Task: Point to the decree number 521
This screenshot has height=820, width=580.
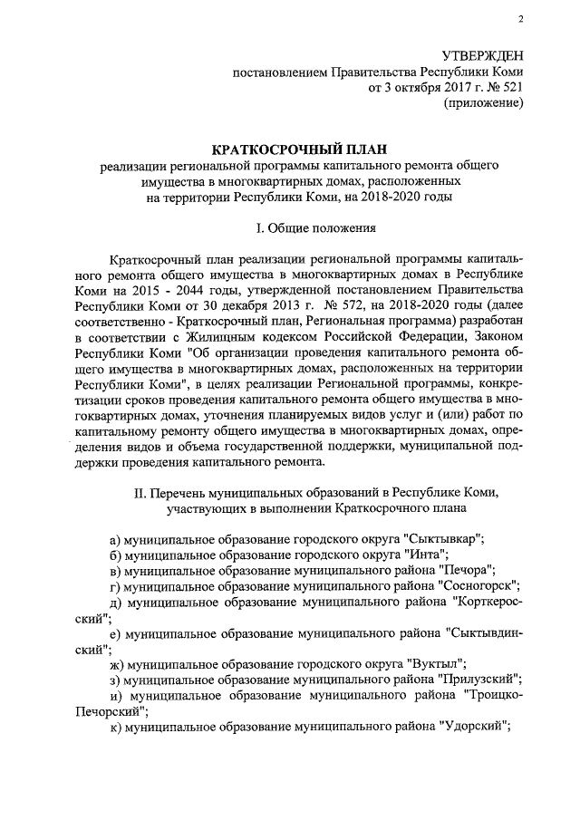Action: [511, 88]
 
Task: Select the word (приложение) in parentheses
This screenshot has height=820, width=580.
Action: [482, 103]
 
